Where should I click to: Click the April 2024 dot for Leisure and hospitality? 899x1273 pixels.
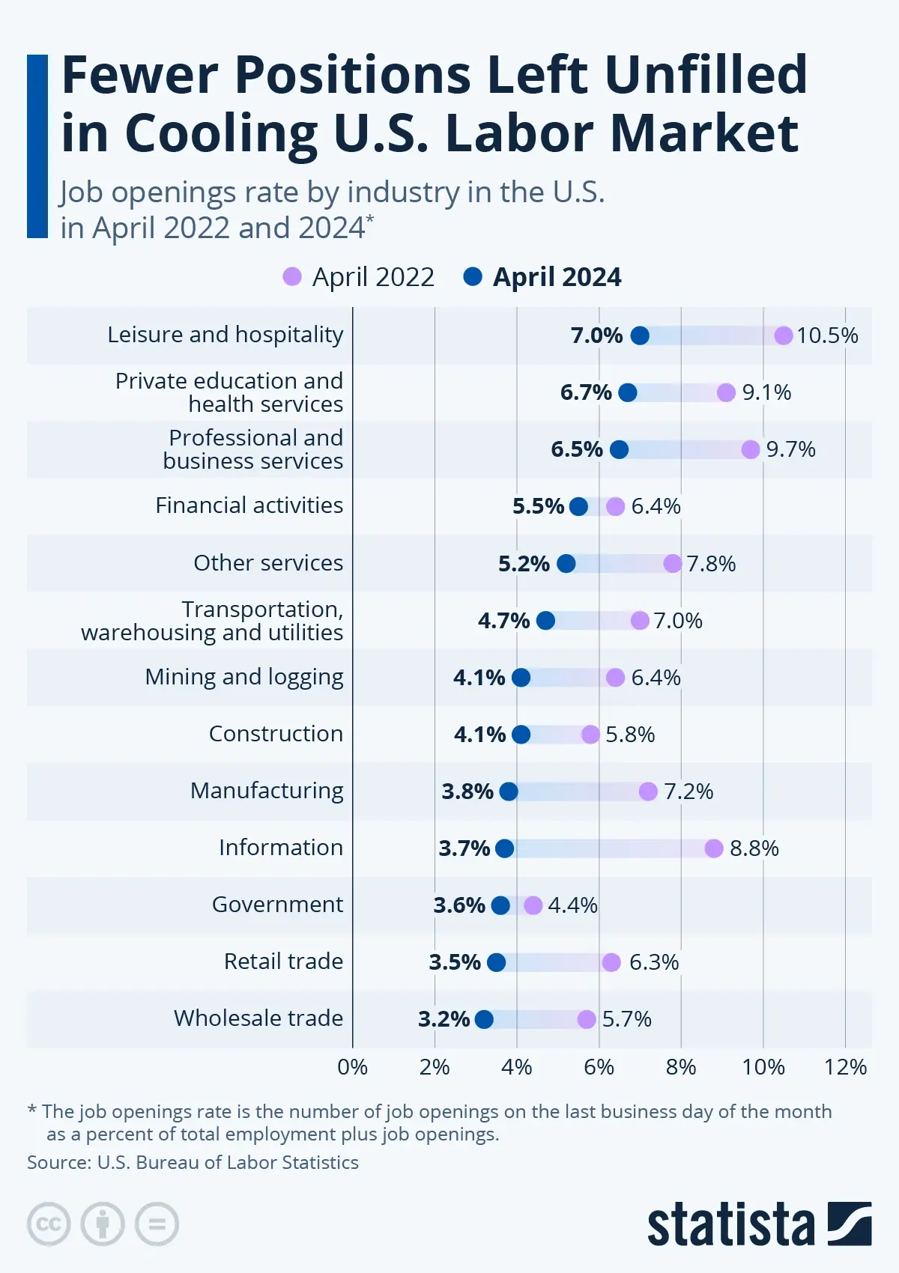click(x=640, y=335)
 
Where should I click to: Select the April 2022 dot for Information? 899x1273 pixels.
click(x=714, y=848)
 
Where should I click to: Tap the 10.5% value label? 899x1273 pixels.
click(x=827, y=335)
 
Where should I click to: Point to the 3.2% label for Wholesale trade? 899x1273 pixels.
click(x=444, y=1019)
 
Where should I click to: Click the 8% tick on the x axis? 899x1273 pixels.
click(x=681, y=1067)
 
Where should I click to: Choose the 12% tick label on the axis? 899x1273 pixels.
click(x=845, y=1067)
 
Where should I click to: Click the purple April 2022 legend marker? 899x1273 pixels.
click(x=292, y=277)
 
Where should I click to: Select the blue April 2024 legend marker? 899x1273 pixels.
click(x=473, y=277)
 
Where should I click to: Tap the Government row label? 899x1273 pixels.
click(x=277, y=905)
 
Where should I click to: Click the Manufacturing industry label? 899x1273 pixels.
click(x=267, y=791)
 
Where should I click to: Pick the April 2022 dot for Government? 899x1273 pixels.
click(x=533, y=905)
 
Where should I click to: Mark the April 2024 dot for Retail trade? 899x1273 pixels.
click(x=496, y=962)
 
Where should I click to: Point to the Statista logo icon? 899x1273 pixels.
click(x=850, y=1224)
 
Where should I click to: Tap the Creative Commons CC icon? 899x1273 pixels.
click(x=49, y=1224)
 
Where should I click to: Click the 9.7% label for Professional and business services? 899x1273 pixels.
click(x=790, y=449)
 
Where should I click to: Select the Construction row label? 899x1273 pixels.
click(x=276, y=734)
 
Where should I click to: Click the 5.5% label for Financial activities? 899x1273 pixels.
click(x=538, y=506)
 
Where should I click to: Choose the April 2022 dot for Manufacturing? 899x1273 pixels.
click(x=648, y=792)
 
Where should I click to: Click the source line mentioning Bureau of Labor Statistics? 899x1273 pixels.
click(x=193, y=1162)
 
